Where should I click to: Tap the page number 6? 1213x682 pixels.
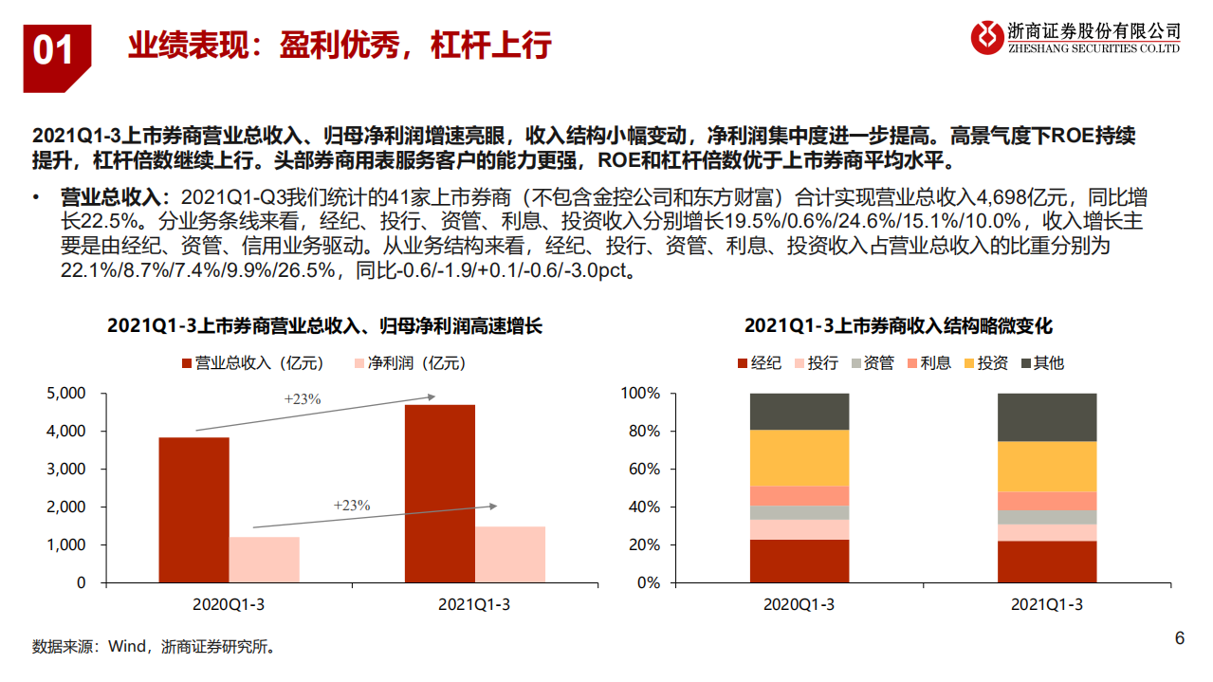pos(1179,638)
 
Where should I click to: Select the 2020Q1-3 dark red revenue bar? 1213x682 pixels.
pos(193,509)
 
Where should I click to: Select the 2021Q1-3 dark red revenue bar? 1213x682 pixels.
pos(439,493)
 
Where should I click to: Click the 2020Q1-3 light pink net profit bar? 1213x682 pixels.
pos(264,560)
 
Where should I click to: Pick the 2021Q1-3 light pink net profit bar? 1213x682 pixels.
pos(509,554)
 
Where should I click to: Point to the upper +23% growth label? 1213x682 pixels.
pos(303,399)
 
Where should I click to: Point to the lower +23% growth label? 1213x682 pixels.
pos(351,506)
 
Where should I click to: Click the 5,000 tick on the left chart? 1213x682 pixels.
pos(67,393)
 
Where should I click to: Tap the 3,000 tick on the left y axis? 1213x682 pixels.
pos(67,469)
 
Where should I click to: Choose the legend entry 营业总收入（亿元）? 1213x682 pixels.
pos(251,362)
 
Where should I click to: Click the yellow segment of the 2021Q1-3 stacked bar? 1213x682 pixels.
pos(1046,466)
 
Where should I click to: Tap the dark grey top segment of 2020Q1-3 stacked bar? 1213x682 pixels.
pos(799,411)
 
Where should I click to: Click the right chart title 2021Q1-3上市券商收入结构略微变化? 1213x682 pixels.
pos(898,325)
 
